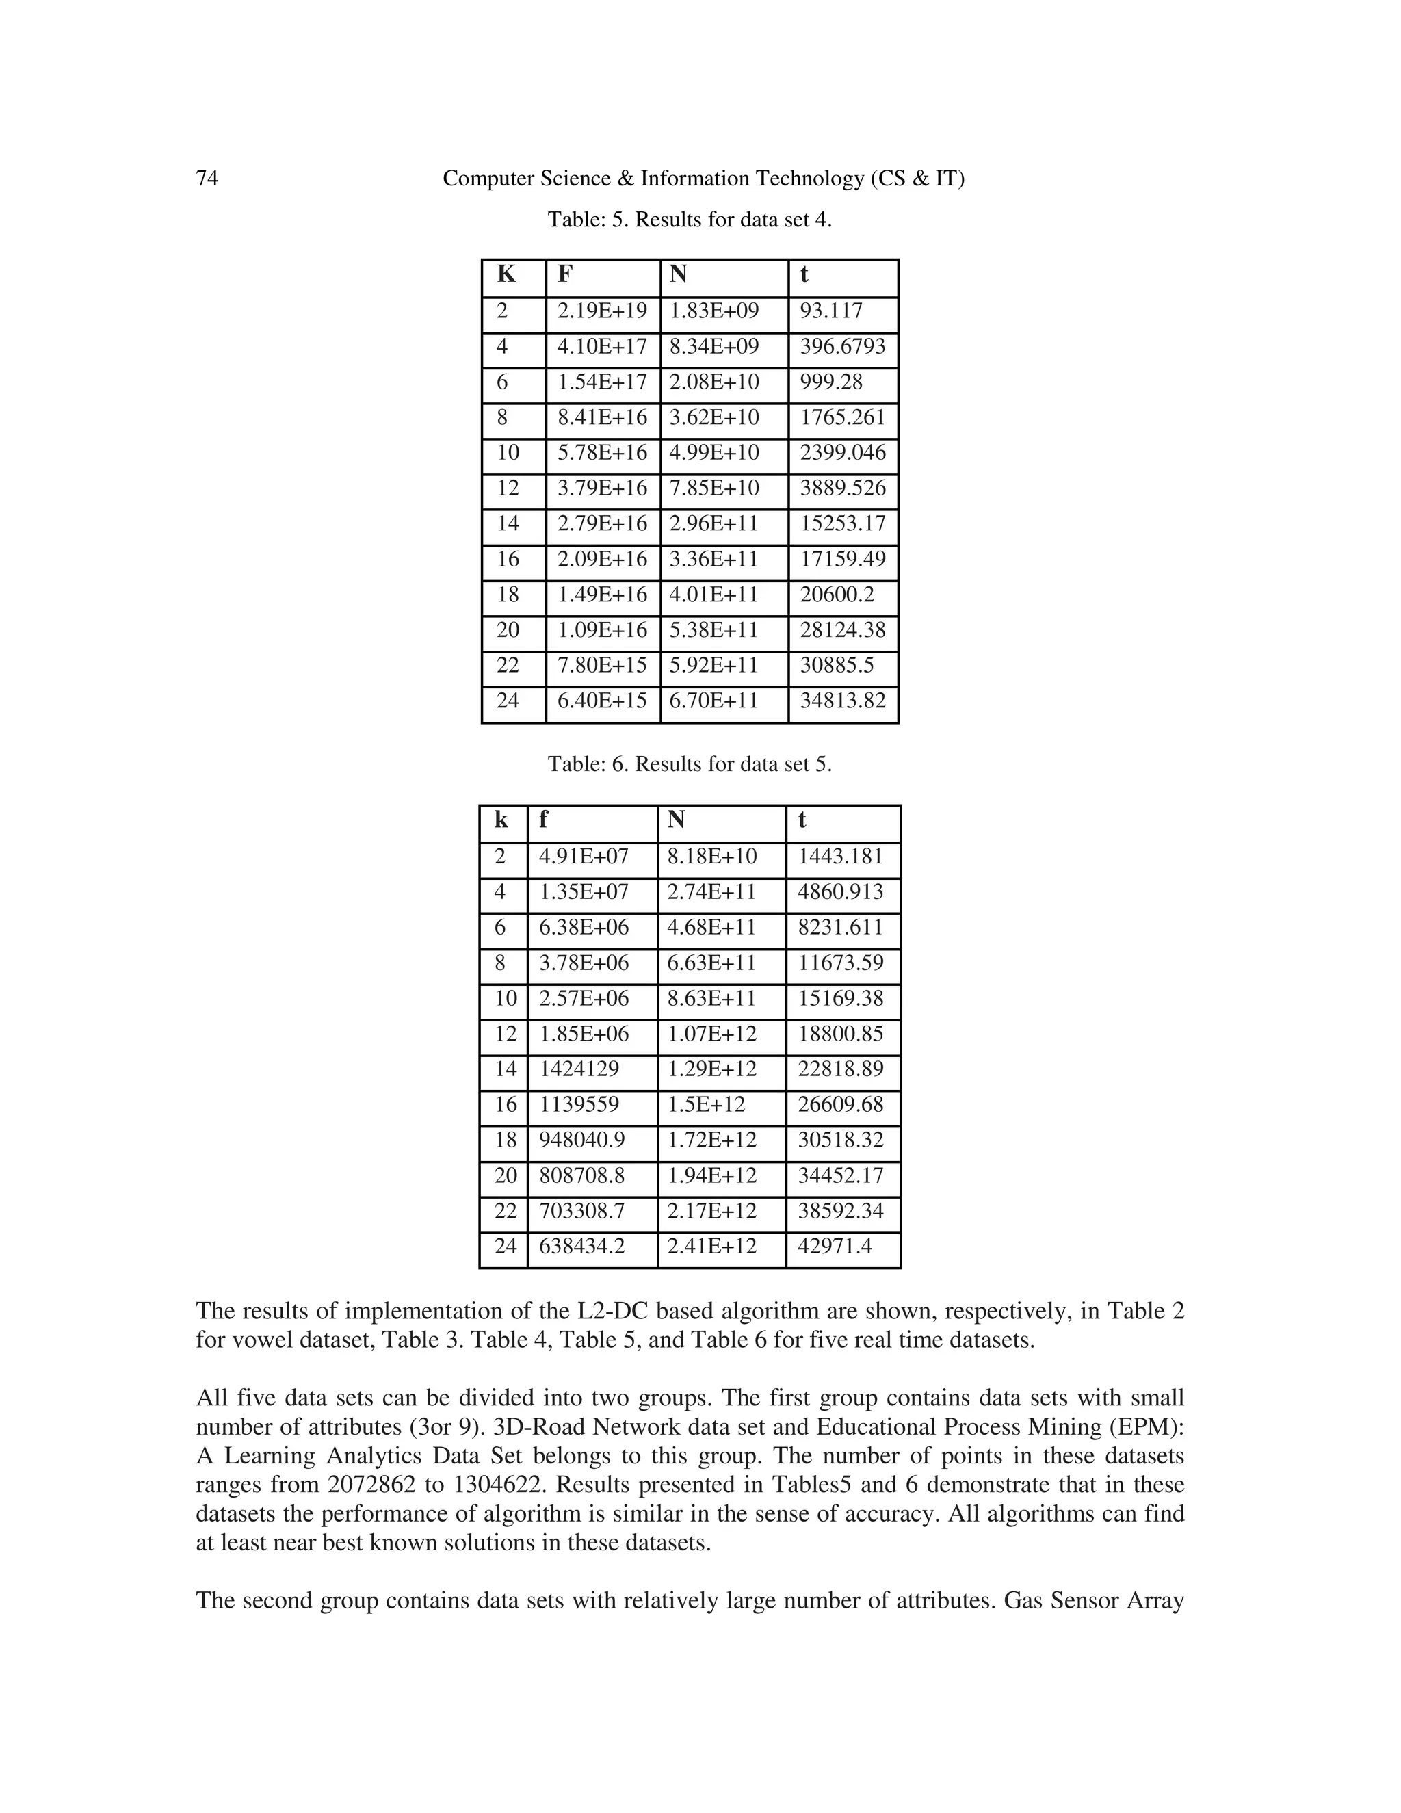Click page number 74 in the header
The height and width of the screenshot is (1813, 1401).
tap(207, 179)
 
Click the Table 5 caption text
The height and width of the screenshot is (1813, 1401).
tap(689, 220)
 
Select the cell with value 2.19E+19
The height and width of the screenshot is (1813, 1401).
tap(602, 311)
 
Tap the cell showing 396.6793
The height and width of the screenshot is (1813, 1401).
tap(842, 347)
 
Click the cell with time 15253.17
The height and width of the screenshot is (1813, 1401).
tap(842, 524)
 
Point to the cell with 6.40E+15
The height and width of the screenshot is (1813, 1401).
tap(602, 701)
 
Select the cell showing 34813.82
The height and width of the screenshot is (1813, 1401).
tap(842, 701)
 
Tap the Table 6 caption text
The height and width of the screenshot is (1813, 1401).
tap(689, 765)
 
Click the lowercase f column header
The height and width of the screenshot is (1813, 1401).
tap(544, 820)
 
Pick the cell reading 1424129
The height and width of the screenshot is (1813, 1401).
tap(579, 1069)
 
